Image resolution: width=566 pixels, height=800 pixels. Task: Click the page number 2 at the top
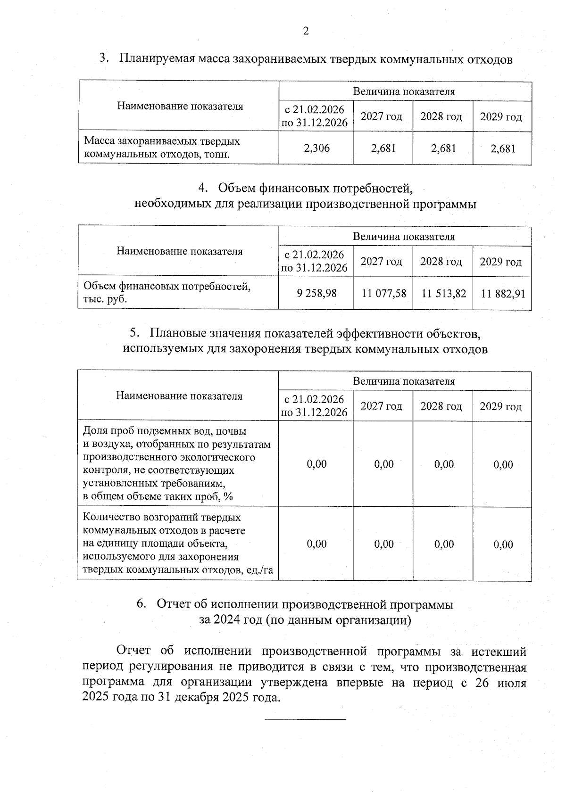(306, 32)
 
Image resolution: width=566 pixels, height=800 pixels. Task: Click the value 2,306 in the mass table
(316, 148)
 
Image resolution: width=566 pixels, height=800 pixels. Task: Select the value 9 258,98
(316, 293)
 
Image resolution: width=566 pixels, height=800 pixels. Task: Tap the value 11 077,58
(383, 293)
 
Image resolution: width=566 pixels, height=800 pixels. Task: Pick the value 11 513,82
(443, 293)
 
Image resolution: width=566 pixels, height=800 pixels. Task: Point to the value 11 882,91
(503, 294)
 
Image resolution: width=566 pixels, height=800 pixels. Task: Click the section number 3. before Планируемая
(104, 59)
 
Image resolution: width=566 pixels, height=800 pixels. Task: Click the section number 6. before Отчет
(141, 604)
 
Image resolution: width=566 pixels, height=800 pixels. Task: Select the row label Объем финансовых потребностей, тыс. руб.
(166, 292)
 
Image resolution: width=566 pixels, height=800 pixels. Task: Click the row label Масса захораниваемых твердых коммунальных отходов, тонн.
(162, 148)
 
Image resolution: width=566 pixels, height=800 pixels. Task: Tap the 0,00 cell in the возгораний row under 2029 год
(503, 544)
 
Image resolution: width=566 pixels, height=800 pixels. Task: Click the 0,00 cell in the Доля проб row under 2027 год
(383, 464)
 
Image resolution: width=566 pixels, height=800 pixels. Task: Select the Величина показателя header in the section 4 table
(404, 236)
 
